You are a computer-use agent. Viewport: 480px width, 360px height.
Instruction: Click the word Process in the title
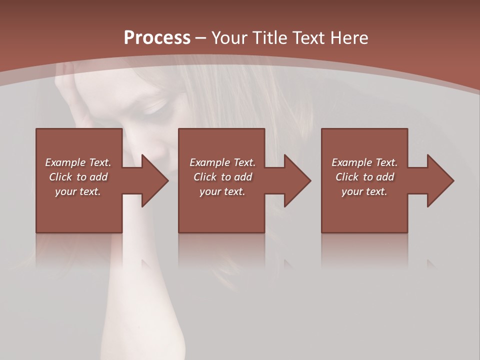point(157,37)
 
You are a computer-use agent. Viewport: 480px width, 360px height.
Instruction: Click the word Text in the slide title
point(308,37)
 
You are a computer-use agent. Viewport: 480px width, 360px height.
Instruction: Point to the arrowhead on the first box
point(155,180)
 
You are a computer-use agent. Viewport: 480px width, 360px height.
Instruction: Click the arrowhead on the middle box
point(298,180)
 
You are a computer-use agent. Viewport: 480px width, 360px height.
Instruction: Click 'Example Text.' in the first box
point(78,162)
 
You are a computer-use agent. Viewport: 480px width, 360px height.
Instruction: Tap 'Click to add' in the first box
point(78,177)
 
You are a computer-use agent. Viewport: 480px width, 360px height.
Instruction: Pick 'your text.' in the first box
point(78,191)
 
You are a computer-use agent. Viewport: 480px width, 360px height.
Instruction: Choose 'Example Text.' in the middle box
point(222,162)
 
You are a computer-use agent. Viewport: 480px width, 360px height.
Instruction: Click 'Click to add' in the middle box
point(222,177)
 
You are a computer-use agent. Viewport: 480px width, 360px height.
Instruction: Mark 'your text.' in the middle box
point(222,191)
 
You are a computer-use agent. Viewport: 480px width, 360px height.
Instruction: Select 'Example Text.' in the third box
point(364,162)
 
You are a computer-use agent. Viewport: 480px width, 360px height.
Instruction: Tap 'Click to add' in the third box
point(364,177)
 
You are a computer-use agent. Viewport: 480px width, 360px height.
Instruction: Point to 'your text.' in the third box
point(364,191)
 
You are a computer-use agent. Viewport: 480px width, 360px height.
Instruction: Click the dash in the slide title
point(200,38)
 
